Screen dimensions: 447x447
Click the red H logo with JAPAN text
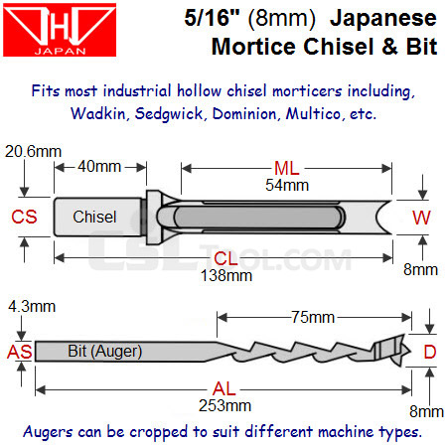60,30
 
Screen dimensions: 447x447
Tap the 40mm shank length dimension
99,166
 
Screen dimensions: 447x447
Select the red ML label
287,168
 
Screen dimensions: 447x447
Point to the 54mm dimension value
287,185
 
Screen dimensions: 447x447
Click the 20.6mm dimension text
33,152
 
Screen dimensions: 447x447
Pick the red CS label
24,217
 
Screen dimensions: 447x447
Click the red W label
421,218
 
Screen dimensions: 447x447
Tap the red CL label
225,258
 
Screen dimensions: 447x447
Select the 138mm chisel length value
226,275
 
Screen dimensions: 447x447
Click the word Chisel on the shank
94,217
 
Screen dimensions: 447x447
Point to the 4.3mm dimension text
32,307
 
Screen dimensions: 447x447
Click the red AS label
20,352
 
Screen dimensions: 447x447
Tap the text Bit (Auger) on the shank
105,352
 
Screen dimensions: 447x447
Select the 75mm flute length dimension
313,317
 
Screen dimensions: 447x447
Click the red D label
430,352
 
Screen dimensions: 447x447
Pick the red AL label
224,388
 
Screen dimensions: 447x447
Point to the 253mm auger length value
225,405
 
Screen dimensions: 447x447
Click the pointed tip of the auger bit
410,351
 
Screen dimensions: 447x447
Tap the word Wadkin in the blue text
98,113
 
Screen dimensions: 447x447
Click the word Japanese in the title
383,18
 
